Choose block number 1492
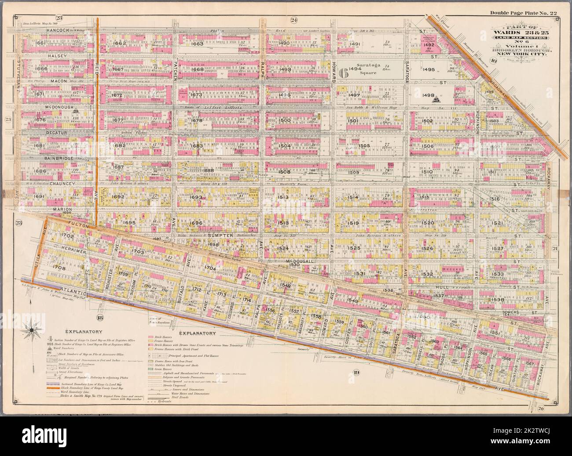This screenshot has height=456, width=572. click(428, 44)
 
